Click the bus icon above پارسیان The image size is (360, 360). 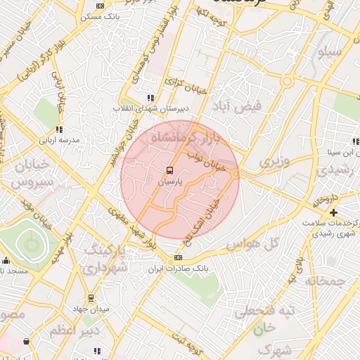pos(169,170)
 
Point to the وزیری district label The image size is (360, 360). pos(274,162)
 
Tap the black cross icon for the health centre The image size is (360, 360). pos(333,212)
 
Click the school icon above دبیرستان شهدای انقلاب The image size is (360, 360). pos(149,98)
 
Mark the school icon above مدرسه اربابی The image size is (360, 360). pos(59,129)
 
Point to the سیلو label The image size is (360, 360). pos(330,52)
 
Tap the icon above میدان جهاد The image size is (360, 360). pos(90,298)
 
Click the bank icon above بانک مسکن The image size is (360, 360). pos(100,6)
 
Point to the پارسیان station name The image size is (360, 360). pos(169,181)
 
